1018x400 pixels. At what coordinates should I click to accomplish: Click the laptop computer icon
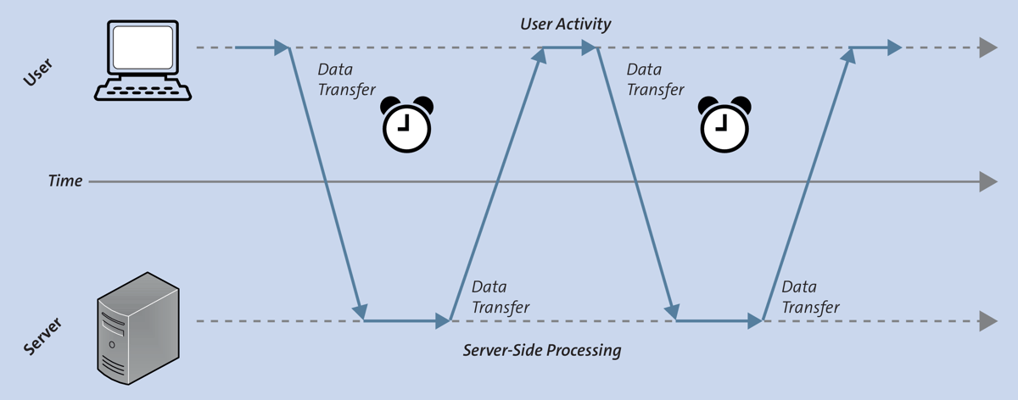(142, 61)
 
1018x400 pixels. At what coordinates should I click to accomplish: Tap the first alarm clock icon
(406, 124)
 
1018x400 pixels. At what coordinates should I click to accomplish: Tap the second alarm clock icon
(724, 124)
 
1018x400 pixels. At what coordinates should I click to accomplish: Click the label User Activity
(565, 24)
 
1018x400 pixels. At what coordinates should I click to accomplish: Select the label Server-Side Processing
(542, 350)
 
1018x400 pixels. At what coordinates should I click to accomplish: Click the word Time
(65, 181)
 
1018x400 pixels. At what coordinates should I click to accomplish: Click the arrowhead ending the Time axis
(987, 181)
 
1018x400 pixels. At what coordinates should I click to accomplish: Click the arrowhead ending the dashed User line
(987, 47)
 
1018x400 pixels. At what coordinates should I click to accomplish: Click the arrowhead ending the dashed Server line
(987, 321)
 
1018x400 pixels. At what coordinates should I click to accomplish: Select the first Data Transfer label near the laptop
(346, 80)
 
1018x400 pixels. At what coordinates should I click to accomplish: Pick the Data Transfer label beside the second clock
(654, 80)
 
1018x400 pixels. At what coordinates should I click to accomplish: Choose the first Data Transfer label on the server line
(501, 297)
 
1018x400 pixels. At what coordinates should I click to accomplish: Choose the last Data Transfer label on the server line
(810, 297)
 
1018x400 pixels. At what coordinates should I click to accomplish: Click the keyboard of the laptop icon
(143, 90)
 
